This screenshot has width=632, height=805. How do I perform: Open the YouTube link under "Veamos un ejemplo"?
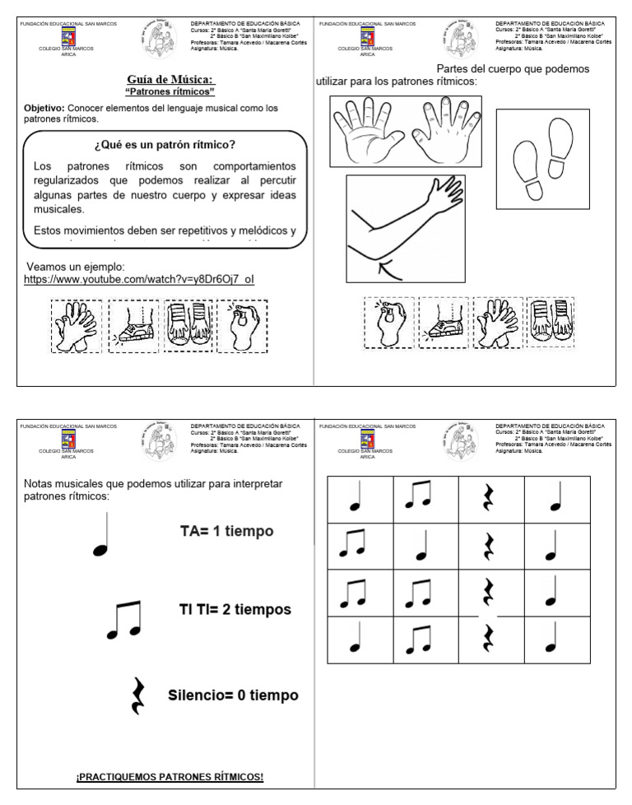[139, 280]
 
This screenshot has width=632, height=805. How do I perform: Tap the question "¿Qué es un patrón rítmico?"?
[165, 146]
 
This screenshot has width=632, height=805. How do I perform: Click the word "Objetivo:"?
[44, 108]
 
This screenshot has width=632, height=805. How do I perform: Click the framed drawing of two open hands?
[405, 130]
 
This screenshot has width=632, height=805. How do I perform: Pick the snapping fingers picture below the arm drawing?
[388, 323]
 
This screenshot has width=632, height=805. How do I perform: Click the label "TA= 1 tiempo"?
[226, 532]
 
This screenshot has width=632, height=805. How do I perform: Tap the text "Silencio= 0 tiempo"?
[233, 696]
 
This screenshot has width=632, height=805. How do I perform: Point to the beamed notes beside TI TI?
[124, 620]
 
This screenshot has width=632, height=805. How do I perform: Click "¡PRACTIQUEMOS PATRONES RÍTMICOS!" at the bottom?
[170, 778]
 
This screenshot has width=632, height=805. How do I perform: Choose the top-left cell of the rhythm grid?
[360, 499]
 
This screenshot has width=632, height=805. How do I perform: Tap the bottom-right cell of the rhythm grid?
[556, 639]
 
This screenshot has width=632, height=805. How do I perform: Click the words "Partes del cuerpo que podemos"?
[513, 69]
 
